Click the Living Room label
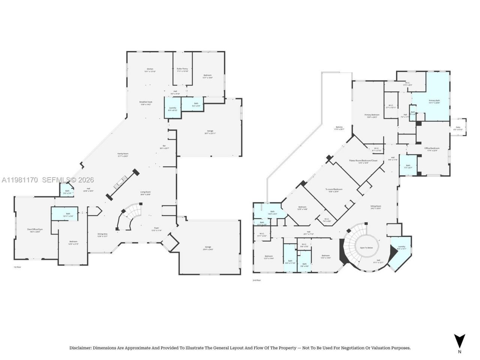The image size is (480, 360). pos(145,193)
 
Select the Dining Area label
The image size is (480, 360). pos(102,235)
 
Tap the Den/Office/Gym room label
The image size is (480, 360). pos(34,231)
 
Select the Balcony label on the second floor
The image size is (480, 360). pos(339,128)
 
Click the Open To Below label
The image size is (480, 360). pos(366,248)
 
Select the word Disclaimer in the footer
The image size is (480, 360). pos(80,348)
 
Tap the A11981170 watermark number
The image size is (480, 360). pos(19,180)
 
